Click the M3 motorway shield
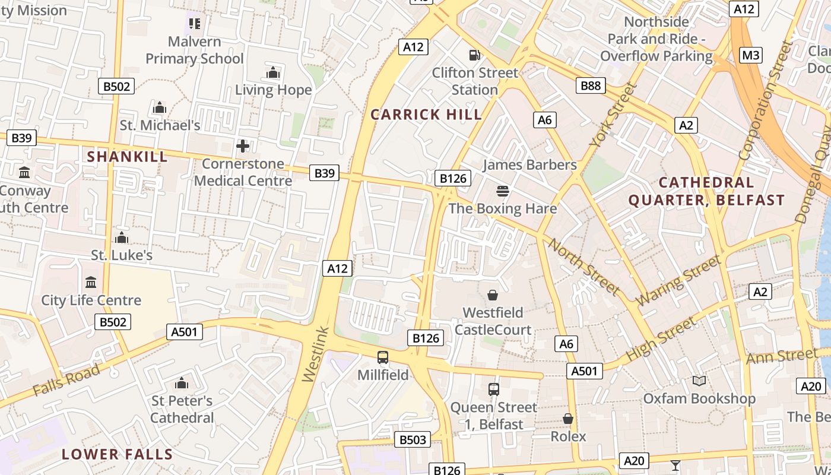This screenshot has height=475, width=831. click(x=751, y=55)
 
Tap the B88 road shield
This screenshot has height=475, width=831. click(x=591, y=85)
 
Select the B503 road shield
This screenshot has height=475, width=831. click(x=413, y=440)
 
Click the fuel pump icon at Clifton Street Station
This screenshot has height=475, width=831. click(x=474, y=55)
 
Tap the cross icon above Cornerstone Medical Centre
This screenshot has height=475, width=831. click(x=243, y=145)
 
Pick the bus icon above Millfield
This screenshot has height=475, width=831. click(x=383, y=357)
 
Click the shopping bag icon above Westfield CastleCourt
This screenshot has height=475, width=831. click(x=493, y=295)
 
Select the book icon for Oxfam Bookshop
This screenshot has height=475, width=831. click(x=699, y=381)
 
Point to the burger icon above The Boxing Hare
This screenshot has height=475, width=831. click(x=503, y=191)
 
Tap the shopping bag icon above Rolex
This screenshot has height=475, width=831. click(x=568, y=419)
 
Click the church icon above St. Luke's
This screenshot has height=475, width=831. click(x=122, y=237)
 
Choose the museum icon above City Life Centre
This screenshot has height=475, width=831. click(x=91, y=282)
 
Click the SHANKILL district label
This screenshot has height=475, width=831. click(x=128, y=157)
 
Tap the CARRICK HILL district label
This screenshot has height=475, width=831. click(x=426, y=115)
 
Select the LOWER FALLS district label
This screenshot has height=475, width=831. click(x=118, y=455)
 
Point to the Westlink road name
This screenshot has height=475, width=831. click(x=315, y=354)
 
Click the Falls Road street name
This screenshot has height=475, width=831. click(x=66, y=380)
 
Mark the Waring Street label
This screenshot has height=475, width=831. click(x=679, y=280)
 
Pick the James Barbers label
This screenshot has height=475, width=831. click(x=529, y=164)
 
